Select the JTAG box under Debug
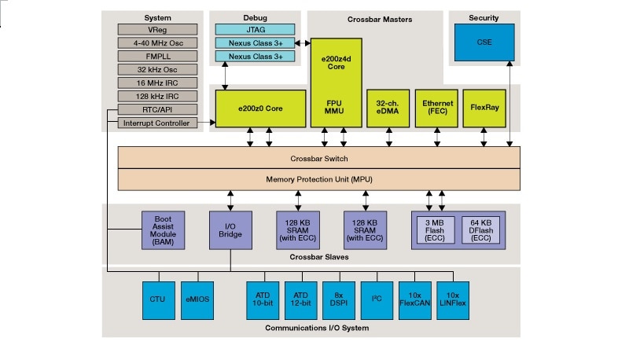(255, 29)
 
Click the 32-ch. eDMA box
(388, 108)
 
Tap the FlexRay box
(483, 108)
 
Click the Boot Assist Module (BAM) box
(163, 229)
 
